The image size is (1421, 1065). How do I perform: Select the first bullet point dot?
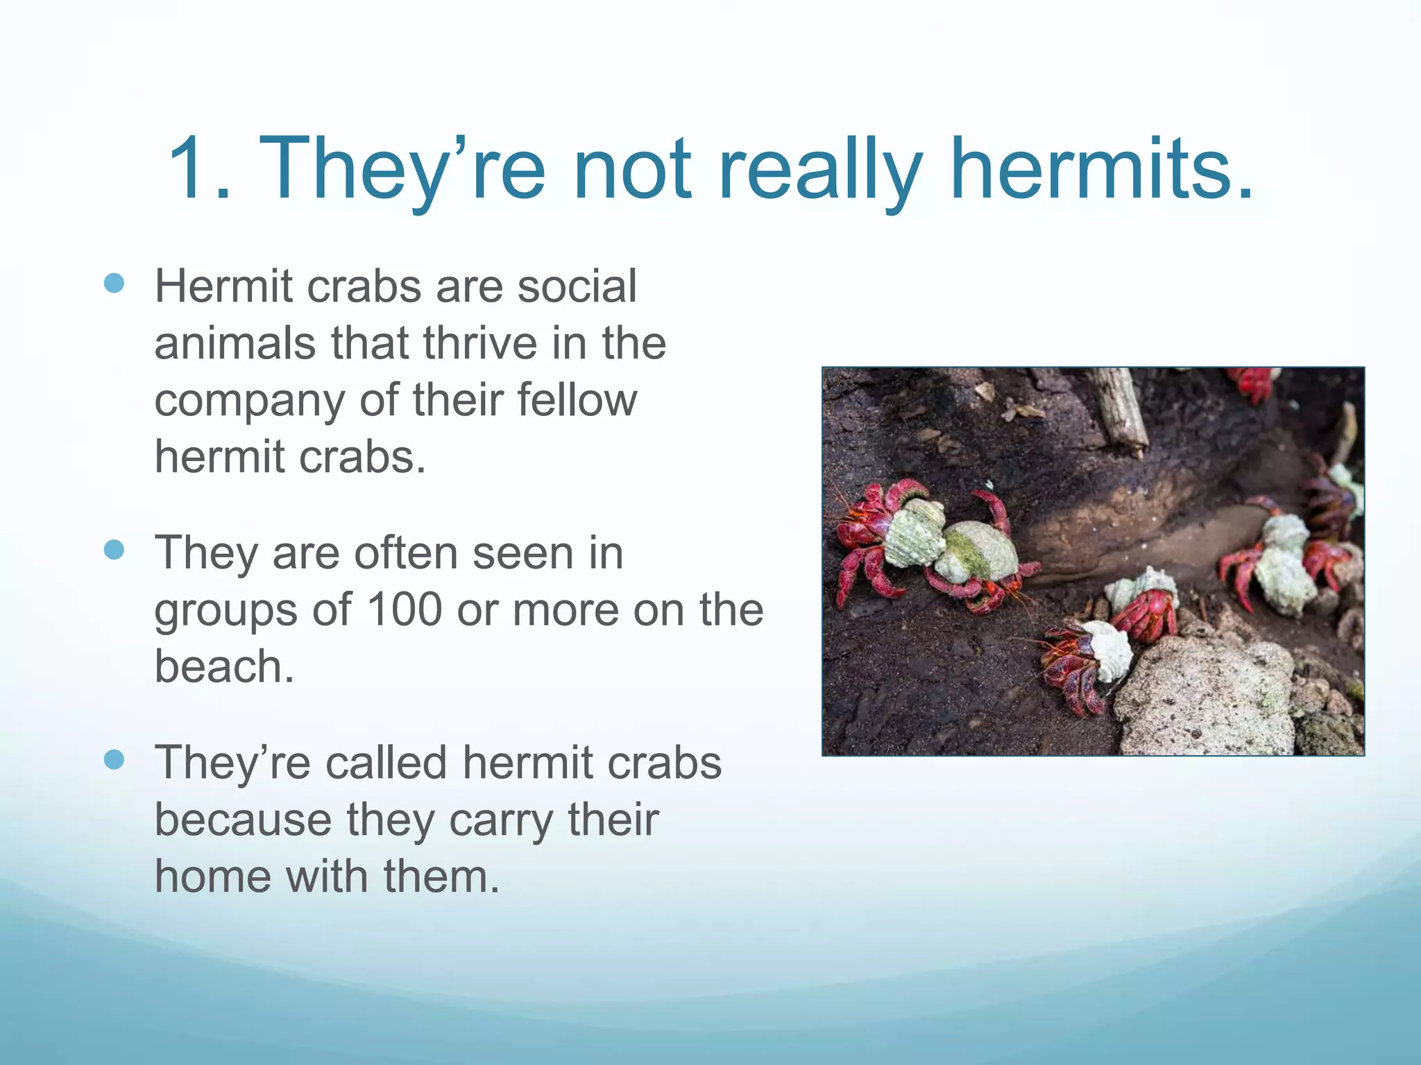114,283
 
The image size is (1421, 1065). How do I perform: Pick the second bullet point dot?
114,550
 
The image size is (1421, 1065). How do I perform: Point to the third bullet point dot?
114,759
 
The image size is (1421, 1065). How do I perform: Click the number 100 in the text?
405,609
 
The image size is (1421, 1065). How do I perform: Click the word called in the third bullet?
386,762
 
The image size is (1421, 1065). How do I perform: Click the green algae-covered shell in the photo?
975,551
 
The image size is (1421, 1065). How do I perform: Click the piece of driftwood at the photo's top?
1118,409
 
